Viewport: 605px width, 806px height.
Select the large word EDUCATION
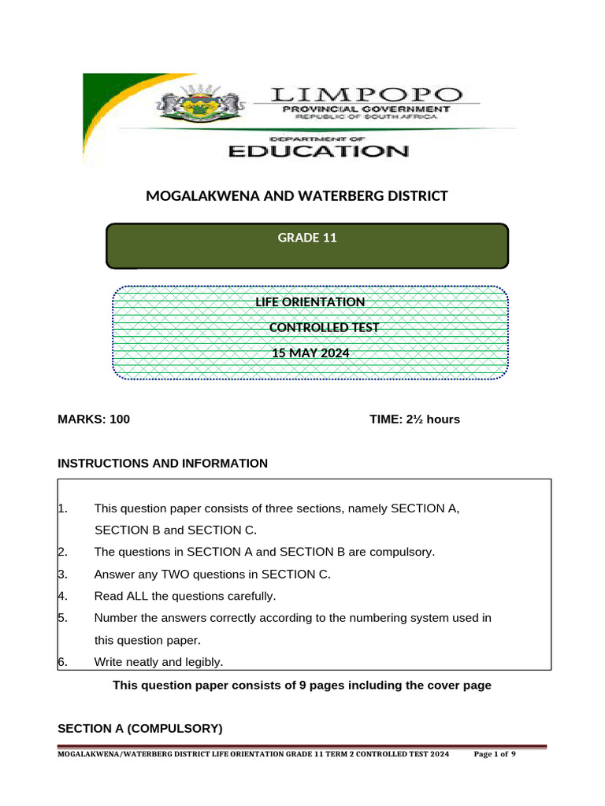click(318, 151)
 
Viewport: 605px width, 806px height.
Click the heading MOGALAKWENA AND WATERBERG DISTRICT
click(297, 195)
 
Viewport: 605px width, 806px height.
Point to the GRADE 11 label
click(307, 237)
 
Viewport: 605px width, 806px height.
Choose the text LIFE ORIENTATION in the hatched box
click(310, 302)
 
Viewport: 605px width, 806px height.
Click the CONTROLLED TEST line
click(324, 327)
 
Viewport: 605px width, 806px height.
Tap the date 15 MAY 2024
click(310, 353)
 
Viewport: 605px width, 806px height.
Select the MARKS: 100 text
click(94, 420)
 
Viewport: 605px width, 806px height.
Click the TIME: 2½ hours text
click(414, 420)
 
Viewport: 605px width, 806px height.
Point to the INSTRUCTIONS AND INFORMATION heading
click(163, 464)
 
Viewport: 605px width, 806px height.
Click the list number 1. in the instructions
click(63, 508)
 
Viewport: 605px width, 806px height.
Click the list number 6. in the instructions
click(63, 662)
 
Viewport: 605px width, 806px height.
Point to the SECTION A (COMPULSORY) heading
click(140, 728)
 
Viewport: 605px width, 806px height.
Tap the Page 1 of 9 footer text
click(495, 754)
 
